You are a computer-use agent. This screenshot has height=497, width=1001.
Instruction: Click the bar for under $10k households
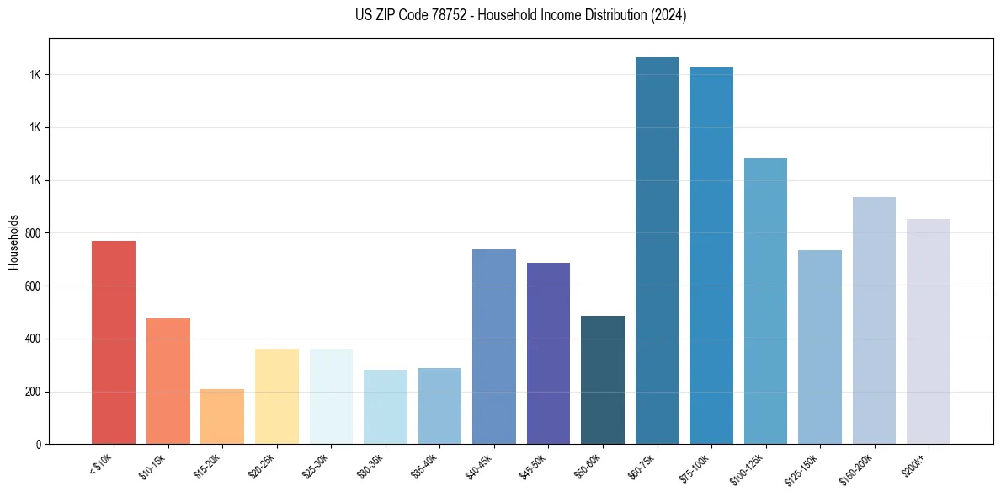click(x=114, y=343)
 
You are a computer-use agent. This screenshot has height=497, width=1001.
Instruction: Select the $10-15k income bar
click(x=168, y=382)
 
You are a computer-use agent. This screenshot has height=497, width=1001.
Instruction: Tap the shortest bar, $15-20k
click(x=222, y=417)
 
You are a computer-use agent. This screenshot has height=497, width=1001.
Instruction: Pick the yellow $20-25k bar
click(x=277, y=397)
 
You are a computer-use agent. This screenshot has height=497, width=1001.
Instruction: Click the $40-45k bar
click(x=494, y=347)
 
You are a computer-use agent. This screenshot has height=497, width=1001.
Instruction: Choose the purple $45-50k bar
click(x=548, y=354)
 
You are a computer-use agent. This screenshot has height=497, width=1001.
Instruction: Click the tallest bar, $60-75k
click(x=657, y=251)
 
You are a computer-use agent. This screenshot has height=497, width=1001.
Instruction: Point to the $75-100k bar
click(x=711, y=256)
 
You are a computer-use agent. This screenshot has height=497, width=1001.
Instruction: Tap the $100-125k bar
click(x=765, y=302)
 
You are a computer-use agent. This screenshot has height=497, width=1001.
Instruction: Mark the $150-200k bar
click(x=874, y=321)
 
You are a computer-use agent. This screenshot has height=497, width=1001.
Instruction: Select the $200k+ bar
click(x=929, y=332)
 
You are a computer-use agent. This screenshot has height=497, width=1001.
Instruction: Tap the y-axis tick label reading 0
click(x=39, y=445)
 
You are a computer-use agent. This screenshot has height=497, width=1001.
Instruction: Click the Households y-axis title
click(x=13, y=242)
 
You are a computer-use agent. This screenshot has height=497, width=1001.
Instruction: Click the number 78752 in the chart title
click(x=467, y=16)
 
